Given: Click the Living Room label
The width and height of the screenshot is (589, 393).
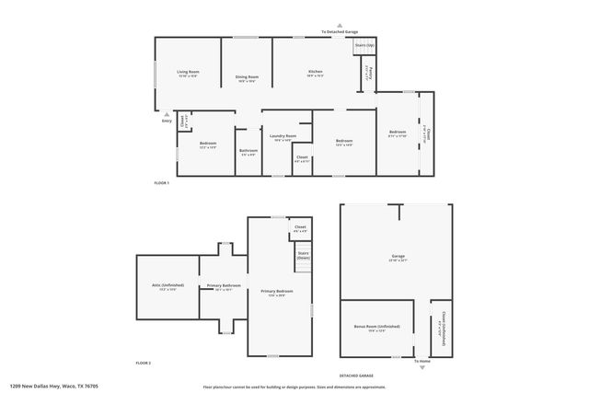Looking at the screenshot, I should click(x=189, y=72).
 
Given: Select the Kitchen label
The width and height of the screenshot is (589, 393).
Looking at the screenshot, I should click(x=315, y=72).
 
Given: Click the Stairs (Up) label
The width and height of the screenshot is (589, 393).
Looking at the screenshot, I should click(x=364, y=45).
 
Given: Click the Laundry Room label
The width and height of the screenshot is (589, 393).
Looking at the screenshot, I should click(x=283, y=136).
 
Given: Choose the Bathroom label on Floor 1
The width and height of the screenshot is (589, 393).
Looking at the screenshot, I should click(x=248, y=151).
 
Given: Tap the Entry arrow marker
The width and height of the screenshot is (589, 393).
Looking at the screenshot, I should click(x=167, y=113).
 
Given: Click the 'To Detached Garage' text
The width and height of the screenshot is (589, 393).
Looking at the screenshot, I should click(x=339, y=31).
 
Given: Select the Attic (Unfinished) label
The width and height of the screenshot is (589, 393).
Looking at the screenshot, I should click(x=167, y=285).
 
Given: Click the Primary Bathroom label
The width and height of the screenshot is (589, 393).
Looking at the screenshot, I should click(x=224, y=285).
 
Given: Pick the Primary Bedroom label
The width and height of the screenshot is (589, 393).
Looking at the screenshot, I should click(x=277, y=292).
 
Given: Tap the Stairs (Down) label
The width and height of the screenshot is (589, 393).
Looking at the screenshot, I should click(x=303, y=256).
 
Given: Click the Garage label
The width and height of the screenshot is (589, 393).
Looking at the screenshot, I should click(x=398, y=258).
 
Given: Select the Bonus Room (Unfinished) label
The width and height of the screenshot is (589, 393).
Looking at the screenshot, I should click(x=376, y=327).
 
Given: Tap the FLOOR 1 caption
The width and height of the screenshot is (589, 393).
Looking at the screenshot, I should click(x=162, y=184).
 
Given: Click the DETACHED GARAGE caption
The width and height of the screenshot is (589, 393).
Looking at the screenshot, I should click(x=356, y=376).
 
